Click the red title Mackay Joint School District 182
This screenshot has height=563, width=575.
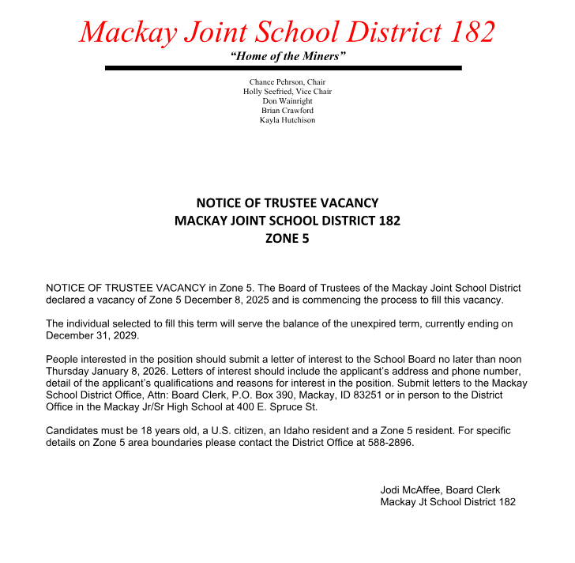pyautogui.click(x=287, y=32)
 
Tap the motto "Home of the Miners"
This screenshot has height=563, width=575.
pyautogui.click(x=287, y=56)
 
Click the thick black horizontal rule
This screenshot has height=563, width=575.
pyautogui.click(x=283, y=69)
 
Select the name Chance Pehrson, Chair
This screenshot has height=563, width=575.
pyautogui.click(x=287, y=82)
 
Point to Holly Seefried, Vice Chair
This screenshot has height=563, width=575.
pyautogui.click(x=287, y=92)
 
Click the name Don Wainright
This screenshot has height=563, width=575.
pyautogui.click(x=287, y=101)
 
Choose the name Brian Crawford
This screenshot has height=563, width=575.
pyautogui.click(x=287, y=111)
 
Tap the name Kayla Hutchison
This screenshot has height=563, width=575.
pyautogui.click(x=287, y=120)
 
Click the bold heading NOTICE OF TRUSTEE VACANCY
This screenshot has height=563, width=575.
pyautogui.click(x=287, y=203)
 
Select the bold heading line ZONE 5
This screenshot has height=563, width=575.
pyautogui.click(x=287, y=237)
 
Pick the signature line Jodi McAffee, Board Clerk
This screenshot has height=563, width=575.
pyautogui.click(x=440, y=490)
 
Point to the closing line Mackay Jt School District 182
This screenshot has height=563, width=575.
pyautogui.click(x=448, y=502)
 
